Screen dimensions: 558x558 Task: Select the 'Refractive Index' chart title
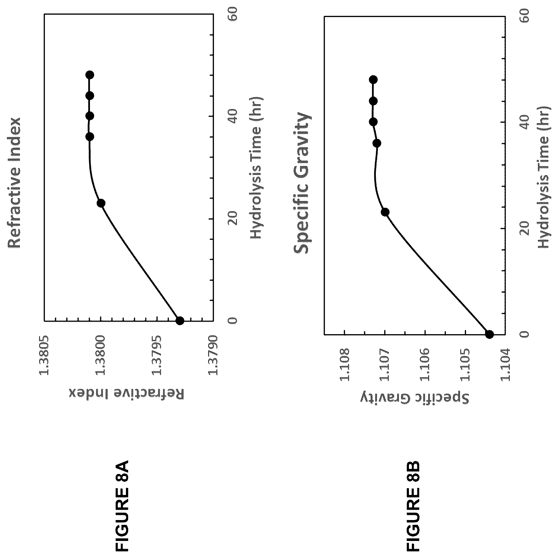click(x=14, y=183)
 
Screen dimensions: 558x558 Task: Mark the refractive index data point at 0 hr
click(x=180, y=321)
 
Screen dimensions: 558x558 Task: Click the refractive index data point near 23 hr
click(x=101, y=203)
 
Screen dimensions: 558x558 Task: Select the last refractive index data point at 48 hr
click(x=90, y=75)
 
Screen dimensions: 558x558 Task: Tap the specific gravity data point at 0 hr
click(x=489, y=334)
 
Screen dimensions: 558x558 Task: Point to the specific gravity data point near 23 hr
click(x=385, y=212)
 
